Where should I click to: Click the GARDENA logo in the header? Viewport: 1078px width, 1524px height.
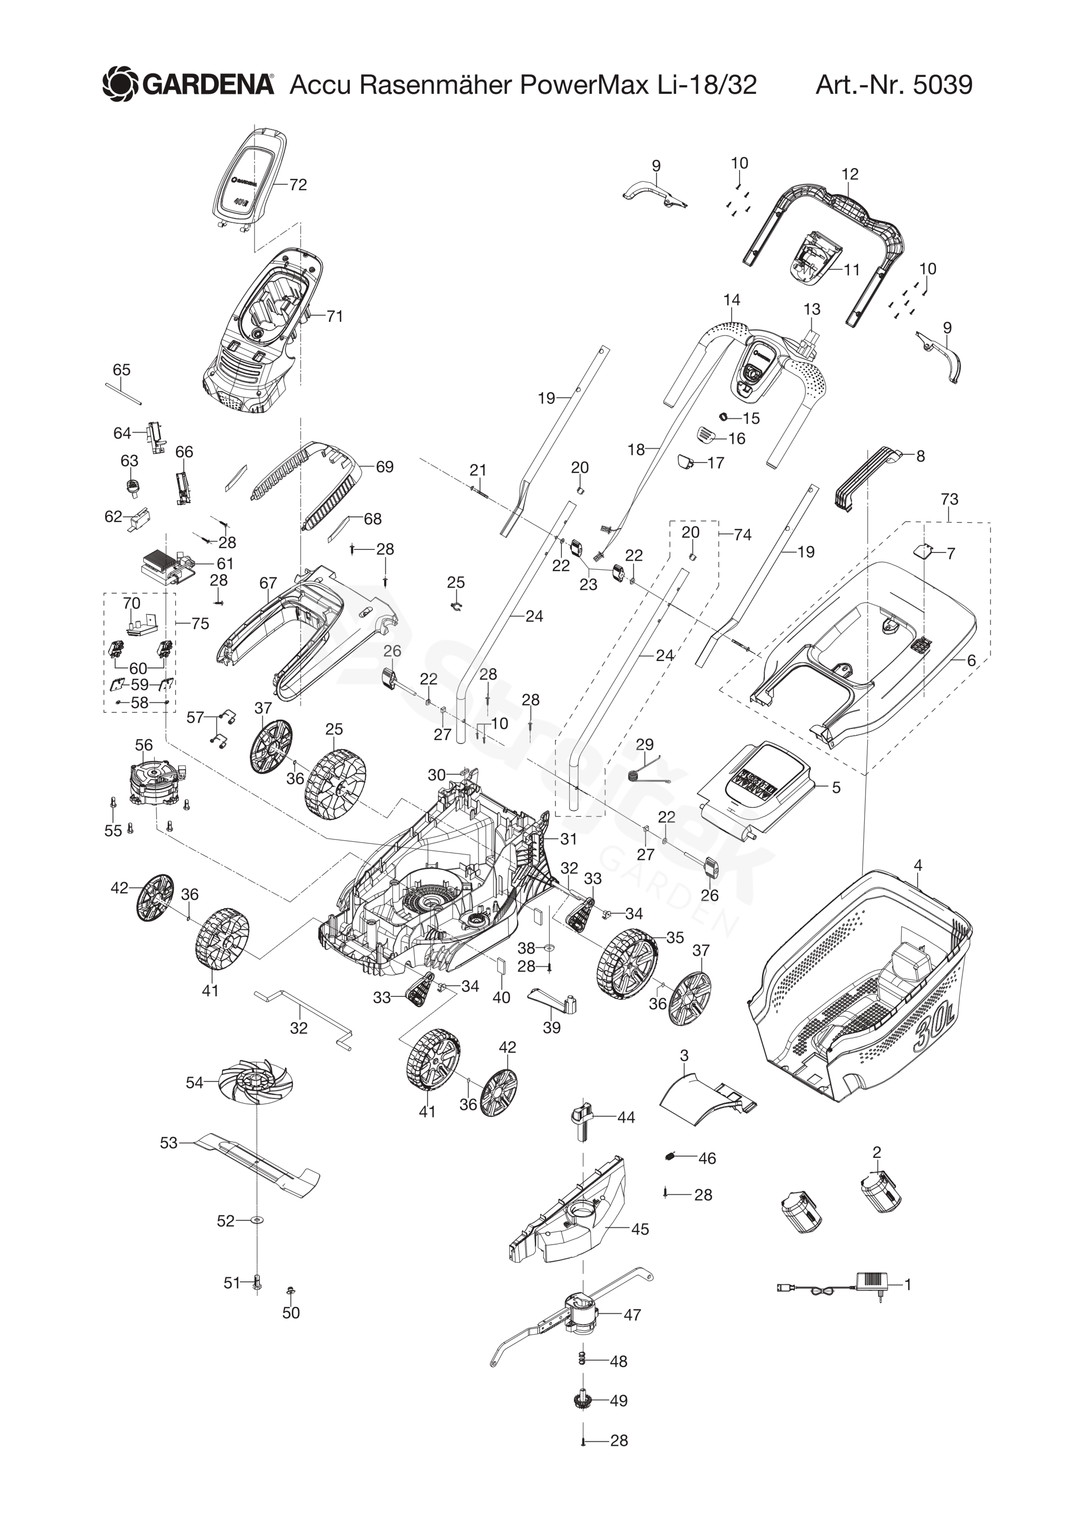point(188,84)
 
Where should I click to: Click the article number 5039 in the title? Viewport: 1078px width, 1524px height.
point(943,85)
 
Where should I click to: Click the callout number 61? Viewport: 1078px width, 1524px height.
point(225,563)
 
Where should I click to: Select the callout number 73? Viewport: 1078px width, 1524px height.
point(949,499)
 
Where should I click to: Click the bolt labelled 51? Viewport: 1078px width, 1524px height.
point(257,1282)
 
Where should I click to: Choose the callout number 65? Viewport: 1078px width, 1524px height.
point(122,370)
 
